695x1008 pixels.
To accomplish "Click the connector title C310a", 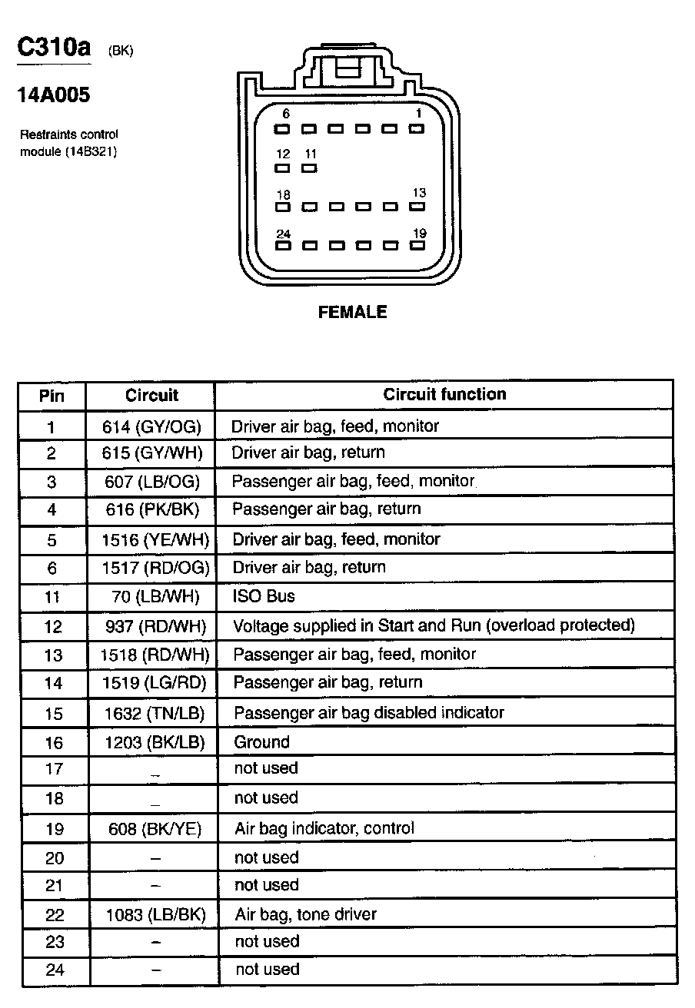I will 54,48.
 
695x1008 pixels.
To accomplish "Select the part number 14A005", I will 54,95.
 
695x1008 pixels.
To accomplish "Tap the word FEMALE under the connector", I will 352,313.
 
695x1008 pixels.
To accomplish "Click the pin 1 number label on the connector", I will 418,114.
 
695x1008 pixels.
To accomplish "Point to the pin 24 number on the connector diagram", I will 284,234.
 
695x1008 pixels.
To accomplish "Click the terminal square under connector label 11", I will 310,167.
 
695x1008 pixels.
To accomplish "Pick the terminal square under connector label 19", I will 417,247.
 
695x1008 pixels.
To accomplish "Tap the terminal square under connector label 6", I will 283,128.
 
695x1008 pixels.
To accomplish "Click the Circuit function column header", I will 444,395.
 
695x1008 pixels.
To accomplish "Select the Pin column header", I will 52,396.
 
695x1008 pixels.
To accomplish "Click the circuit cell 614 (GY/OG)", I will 151,426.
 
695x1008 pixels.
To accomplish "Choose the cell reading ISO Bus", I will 264,596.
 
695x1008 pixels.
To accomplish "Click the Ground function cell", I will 261,742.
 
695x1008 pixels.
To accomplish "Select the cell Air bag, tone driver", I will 305,914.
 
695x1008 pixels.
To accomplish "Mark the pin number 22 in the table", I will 54,915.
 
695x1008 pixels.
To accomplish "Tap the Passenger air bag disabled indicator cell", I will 369,713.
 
